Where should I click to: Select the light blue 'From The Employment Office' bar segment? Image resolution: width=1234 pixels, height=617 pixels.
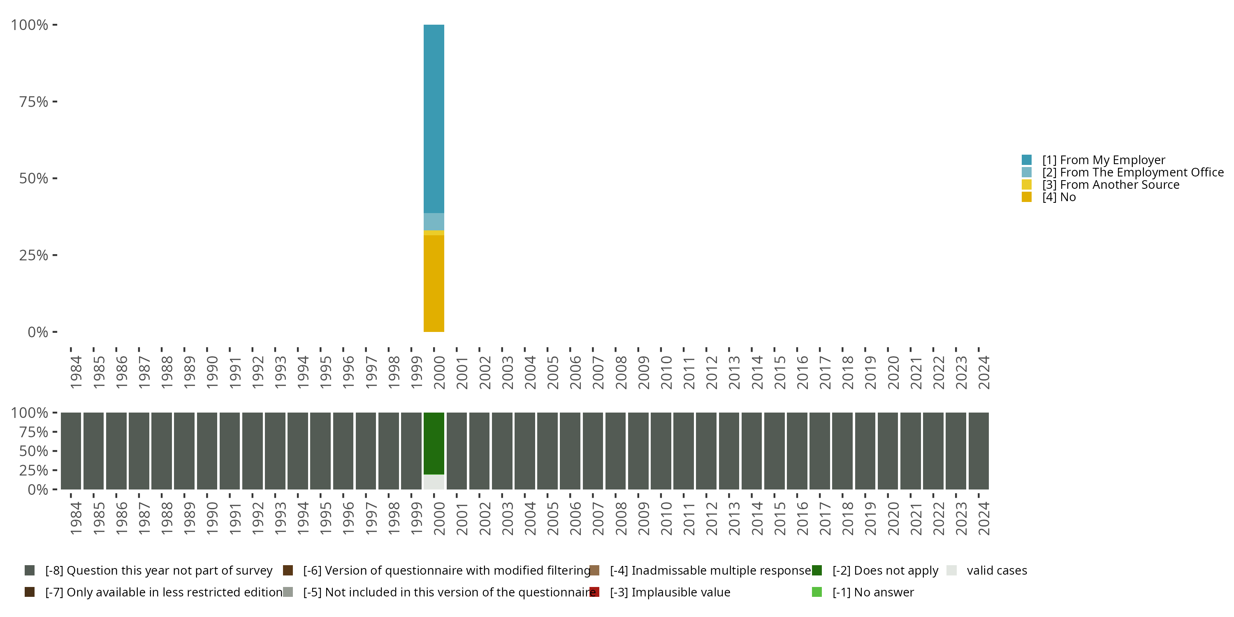pyautogui.click(x=434, y=222)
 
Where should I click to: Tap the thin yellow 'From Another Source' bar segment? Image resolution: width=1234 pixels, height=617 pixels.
pyautogui.click(x=434, y=233)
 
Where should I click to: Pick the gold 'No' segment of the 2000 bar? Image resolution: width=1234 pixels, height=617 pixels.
pyautogui.click(x=434, y=283)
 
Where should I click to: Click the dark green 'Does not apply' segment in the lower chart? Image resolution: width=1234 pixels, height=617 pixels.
pyautogui.click(x=434, y=443)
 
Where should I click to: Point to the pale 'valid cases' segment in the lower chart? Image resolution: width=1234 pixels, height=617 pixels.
pyautogui.click(x=434, y=482)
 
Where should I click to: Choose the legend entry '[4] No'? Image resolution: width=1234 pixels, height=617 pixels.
pyautogui.click(x=1059, y=197)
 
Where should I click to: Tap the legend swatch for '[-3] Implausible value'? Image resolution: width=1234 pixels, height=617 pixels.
pyautogui.click(x=594, y=592)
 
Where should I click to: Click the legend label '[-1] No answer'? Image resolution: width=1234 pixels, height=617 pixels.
pyautogui.click(x=873, y=592)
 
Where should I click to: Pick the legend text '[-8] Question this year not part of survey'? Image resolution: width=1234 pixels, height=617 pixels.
pyautogui.click(x=158, y=571)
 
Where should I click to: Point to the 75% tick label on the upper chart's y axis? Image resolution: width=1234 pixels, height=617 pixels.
pyautogui.click(x=34, y=102)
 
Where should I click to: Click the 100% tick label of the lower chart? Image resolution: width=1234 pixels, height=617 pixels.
pyautogui.click(x=29, y=413)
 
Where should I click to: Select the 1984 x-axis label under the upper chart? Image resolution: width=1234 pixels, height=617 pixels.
pyautogui.click(x=76, y=372)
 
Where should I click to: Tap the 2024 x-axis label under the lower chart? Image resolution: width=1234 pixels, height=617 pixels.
pyautogui.click(x=983, y=518)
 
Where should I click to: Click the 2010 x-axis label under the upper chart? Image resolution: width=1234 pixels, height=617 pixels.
pyautogui.click(x=666, y=372)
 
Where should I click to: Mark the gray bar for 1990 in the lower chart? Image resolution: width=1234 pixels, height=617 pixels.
pyautogui.click(x=207, y=451)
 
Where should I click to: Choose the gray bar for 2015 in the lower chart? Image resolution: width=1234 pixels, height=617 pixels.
pyautogui.click(x=774, y=451)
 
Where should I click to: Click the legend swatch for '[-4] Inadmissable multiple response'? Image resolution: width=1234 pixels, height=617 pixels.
pyautogui.click(x=594, y=571)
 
